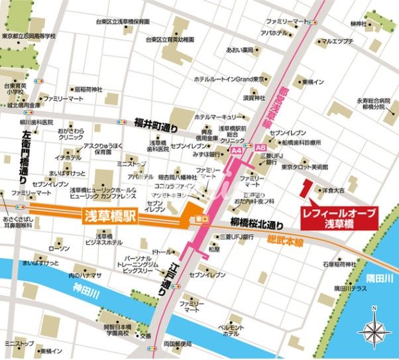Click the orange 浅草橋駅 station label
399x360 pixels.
[x=110, y=217]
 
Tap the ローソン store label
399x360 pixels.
[x=59, y=249]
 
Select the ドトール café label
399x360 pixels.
[x=161, y=253]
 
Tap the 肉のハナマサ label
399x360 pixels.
[x=85, y=274]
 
